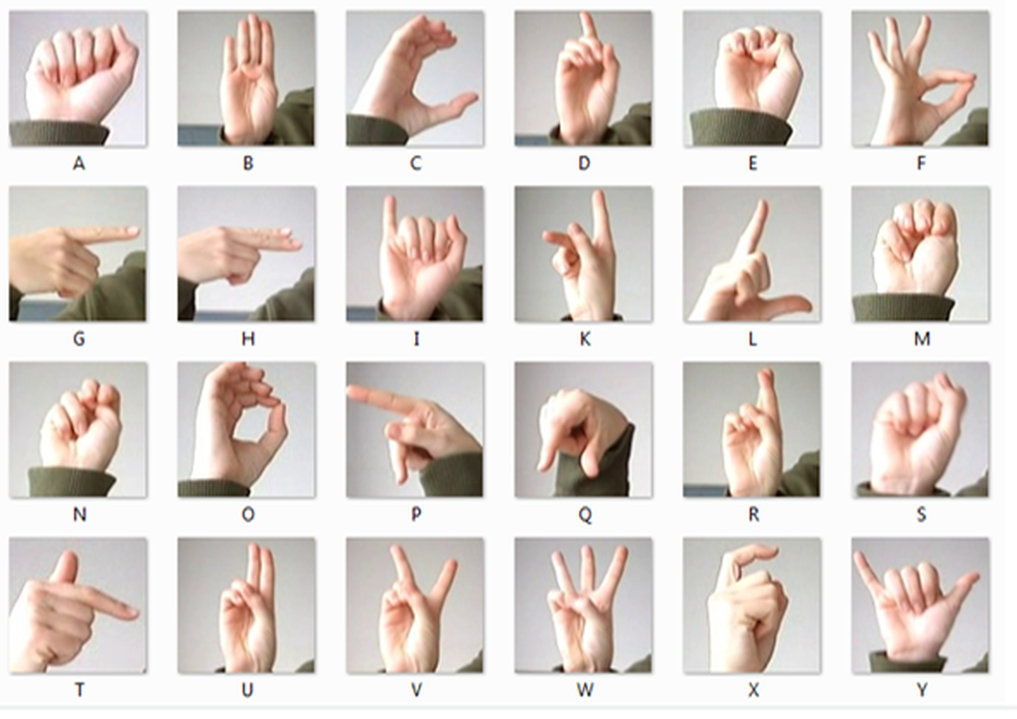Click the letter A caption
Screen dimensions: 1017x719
(78, 164)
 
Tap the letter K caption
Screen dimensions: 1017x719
(584, 339)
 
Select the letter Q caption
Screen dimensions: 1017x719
(584, 514)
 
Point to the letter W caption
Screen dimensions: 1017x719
(584, 690)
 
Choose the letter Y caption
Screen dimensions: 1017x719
(921, 690)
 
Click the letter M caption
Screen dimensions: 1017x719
(922, 339)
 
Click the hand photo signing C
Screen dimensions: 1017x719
(415, 78)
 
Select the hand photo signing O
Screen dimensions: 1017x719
(246, 430)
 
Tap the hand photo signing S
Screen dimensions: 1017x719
(921, 430)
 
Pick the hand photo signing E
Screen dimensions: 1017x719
(752, 78)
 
